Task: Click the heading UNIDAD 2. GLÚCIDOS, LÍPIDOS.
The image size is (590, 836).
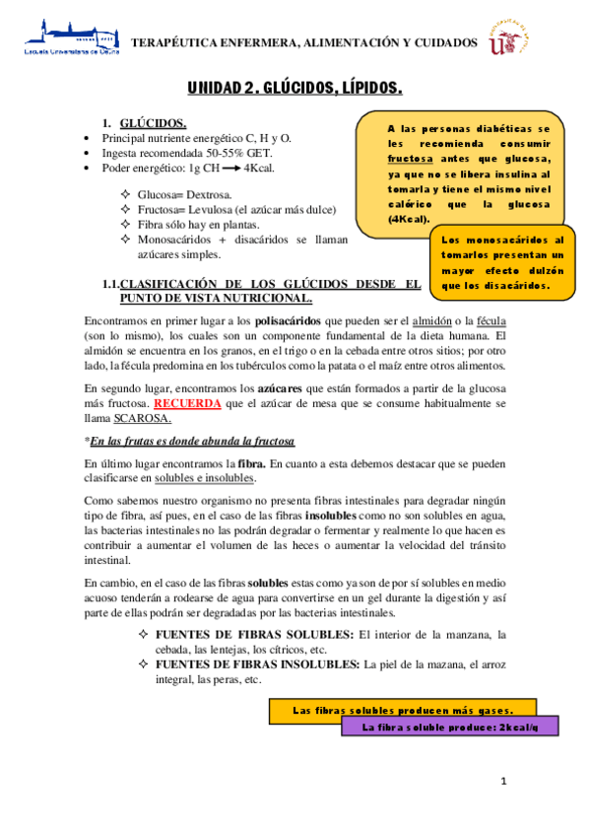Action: (295, 89)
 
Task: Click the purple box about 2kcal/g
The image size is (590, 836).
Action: (449, 728)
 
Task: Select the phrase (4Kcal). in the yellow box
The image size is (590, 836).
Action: (409, 218)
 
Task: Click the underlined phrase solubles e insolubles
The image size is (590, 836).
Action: (205, 478)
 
